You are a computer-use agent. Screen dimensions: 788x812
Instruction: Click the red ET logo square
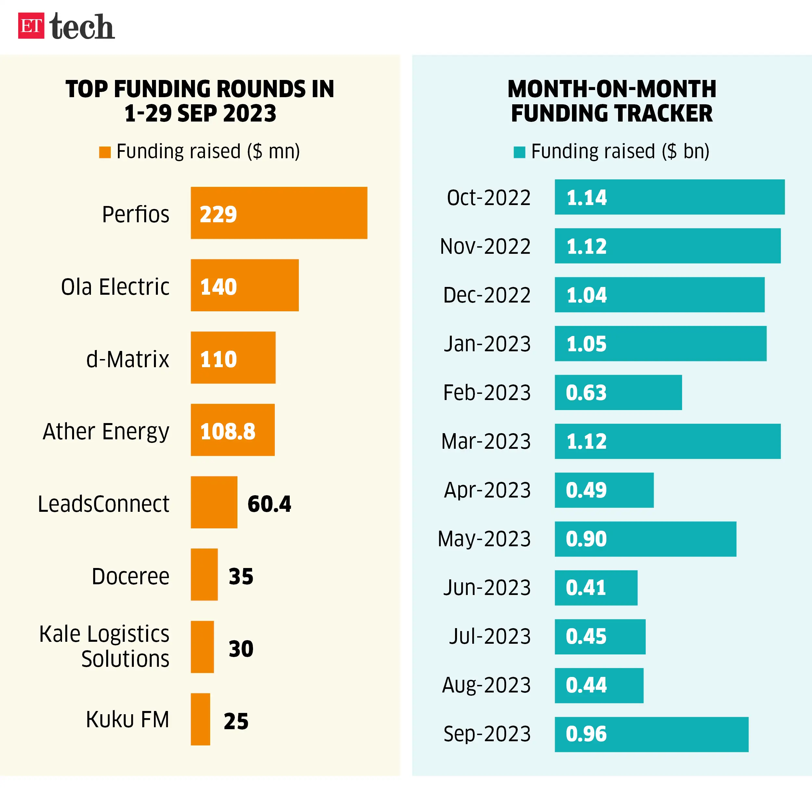[x=31, y=26]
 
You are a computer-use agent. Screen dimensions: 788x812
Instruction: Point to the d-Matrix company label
[x=128, y=359]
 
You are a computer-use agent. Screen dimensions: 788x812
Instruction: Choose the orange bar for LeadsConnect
[x=214, y=502]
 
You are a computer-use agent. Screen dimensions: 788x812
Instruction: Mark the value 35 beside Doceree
[x=241, y=576]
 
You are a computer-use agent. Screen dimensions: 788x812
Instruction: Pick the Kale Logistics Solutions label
[x=104, y=646]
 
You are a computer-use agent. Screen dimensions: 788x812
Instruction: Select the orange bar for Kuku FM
[x=200, y=719]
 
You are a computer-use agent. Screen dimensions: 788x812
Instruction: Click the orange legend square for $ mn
[x=105, y=152]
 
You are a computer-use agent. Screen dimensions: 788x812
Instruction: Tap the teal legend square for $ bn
[x=519, y=152]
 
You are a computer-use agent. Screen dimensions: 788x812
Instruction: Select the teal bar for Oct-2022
[x=669, y=197]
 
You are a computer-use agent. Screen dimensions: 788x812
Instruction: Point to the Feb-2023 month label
[x=487, y=393]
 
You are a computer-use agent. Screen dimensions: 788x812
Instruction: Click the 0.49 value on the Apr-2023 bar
[x=586, y=490]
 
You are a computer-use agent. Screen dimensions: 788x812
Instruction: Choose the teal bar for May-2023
[x=645, y=539]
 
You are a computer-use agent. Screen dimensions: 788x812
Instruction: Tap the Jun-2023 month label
[x=487, y=588]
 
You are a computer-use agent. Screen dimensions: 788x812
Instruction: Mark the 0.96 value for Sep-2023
[x=586, y=734]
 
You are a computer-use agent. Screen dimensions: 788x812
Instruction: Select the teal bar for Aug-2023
[x=599, y=685]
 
